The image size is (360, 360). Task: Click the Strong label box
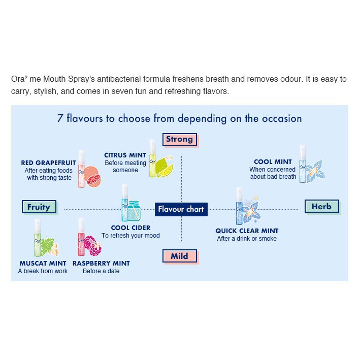pos(179,139)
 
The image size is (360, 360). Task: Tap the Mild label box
pos(179,256)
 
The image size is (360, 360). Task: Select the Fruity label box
pos(39,207)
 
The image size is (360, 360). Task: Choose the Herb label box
pos(321,206)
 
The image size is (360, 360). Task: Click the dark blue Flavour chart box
pos(181,209)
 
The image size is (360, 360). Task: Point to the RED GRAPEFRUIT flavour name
pos(48,163)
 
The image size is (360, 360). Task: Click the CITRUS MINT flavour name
pos(125,155)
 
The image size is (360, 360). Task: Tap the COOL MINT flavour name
pos(273,162)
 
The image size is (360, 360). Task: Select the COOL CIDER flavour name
pos(130,228)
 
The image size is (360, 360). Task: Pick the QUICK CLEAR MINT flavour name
pos(247,231)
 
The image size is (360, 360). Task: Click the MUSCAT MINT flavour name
pos(43,264)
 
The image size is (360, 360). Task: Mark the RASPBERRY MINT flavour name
pos(101,264)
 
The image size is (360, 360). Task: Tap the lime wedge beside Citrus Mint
pos(165,167)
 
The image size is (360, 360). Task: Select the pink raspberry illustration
pos(92,245)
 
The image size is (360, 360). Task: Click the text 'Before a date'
pos(101,271)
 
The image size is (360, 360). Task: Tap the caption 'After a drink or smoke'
pos(247,239)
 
